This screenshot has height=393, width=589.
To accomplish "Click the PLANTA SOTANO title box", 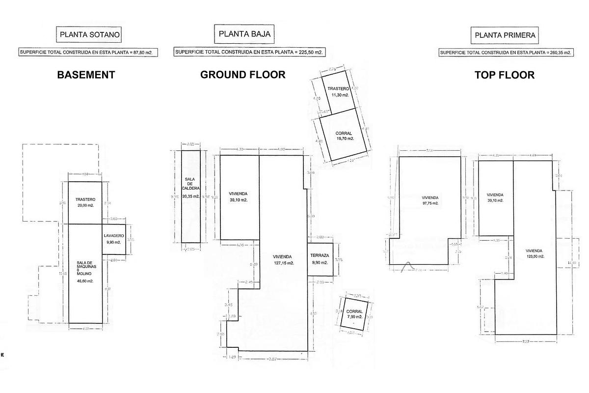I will click(x=89, y=34).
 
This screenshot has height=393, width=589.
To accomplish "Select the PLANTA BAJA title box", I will click(x=244, y=34).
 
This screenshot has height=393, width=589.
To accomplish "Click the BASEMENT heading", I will click(x=86, y=75).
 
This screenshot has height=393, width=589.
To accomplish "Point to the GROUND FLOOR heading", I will click(x=242, y=75).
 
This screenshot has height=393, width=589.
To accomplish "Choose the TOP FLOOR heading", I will click(x=505, y=75).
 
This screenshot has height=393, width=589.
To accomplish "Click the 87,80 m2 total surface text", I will click(x=88, y=52).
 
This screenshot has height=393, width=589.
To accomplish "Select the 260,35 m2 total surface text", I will click(x=506, y=53).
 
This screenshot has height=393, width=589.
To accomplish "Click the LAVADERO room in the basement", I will click(x=114, y=239).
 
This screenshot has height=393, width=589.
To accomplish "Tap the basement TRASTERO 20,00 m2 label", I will click(x=85, y=202).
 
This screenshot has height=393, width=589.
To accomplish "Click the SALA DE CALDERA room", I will click(x=190, y=196).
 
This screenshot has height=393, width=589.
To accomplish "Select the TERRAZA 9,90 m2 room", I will click(x=321, y=259).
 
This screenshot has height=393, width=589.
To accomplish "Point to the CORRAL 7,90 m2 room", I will click(x=354, y=314).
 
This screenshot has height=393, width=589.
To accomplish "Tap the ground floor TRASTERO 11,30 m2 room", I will click(x=338, y=92).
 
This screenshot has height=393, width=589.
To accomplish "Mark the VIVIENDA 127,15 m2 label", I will click(x=283, y=260).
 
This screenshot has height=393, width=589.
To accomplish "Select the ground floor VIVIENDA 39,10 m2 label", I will click(x=239, y=196).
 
